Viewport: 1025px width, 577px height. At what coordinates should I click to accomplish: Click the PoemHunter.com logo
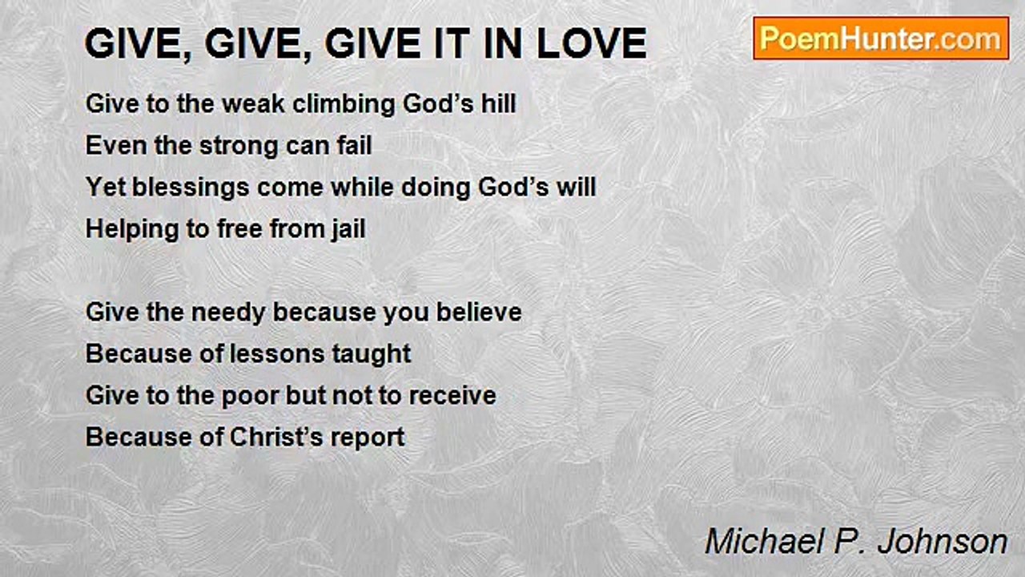881,38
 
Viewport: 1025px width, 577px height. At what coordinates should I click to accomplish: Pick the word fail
354,146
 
